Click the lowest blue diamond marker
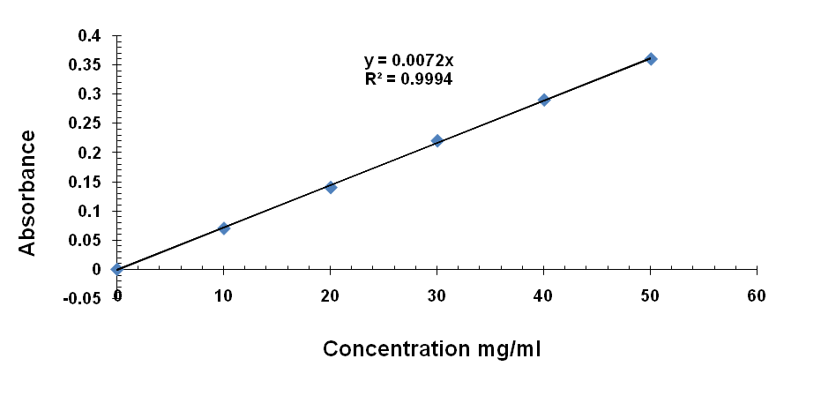(x=116, y=269)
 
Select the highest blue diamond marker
(x=651, y=59)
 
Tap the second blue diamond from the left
(x=224, y=228)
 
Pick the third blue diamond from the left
(x=331, y=188)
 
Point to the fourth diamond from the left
(x=437, y=141)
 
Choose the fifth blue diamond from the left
(x=544, y=100)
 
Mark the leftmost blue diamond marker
(x=116, y=269)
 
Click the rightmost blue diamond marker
(x=651, y=59)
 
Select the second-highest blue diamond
(x=544, y=100)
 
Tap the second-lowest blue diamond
(x=224, y=228)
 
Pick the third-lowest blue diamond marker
(x=331, y=188)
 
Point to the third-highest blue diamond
(x=437, y=141)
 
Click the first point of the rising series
(x=116, y=269)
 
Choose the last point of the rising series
(x=651, y=59)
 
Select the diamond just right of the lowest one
(x=224, y=228)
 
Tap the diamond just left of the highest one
(x=544, y=100)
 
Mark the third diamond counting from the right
(x=437, y=141)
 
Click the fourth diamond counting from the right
(x=331, y=188)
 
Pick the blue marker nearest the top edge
(x=651, y=59)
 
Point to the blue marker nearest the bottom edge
(x=116, y=269)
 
